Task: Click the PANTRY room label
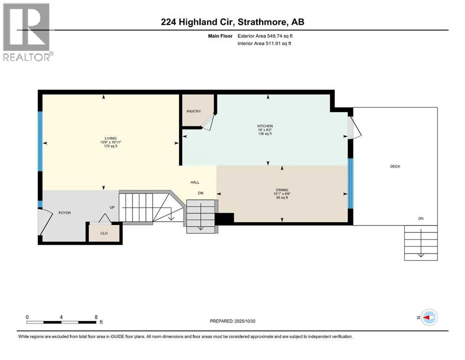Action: [x=193, y=111]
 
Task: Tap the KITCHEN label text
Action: [x=265, y=126]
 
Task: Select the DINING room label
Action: [x=282, y=190]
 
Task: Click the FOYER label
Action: [x=65, y=213]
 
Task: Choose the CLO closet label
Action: [x=104, y=232]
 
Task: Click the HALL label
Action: [x=195, y=182]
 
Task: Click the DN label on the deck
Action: [x=421, y=218]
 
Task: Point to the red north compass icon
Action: [x=428, y=317]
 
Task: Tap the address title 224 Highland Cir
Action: [x=232, y=22]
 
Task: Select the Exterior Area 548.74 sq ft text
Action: [x=266, y=36]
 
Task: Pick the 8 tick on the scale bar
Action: [x=96, y=317]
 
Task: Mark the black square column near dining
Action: [x=224, y=218]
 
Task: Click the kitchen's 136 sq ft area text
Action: [x=265, y=134]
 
